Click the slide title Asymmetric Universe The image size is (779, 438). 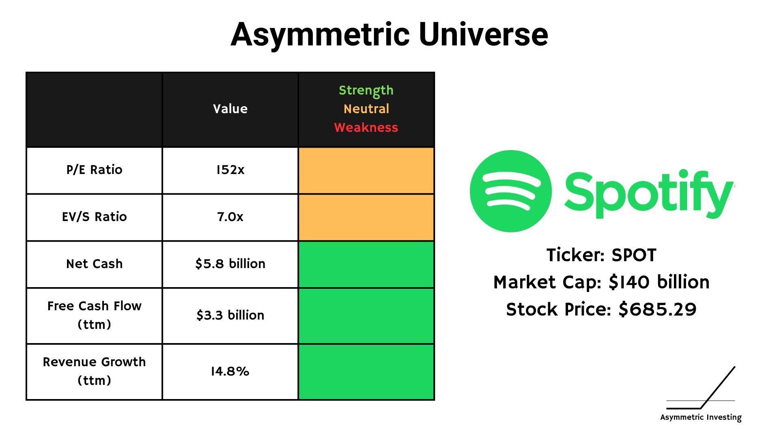(x=389, y=34)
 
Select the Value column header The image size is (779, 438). (x=230, y=109)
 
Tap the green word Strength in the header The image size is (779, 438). (x=366, y=90)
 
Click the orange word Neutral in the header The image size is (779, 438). (x=366, y=109)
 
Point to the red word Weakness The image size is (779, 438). (x=366, y=127)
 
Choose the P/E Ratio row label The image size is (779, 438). (x=94, y=170)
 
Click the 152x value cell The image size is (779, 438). (x=230, y=170)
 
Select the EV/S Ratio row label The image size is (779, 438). (x=94, y=217)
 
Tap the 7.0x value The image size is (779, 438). (x=230, y=217)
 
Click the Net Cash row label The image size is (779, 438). (x=94, y=264)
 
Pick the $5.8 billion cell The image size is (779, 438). (x=230, y=264)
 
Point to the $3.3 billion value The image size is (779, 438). (x=230, y=316)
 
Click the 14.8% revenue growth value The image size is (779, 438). (x=230, y=371)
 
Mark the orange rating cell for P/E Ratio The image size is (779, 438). (x=366, y=170)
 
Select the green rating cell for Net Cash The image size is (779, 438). (x=366, y=264)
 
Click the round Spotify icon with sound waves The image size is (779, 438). (x=511, y=191)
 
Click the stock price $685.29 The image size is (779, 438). (x=657, y=310)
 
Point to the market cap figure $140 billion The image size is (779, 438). (x=659, y=282)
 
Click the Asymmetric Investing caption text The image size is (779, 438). (x=701, y=417)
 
